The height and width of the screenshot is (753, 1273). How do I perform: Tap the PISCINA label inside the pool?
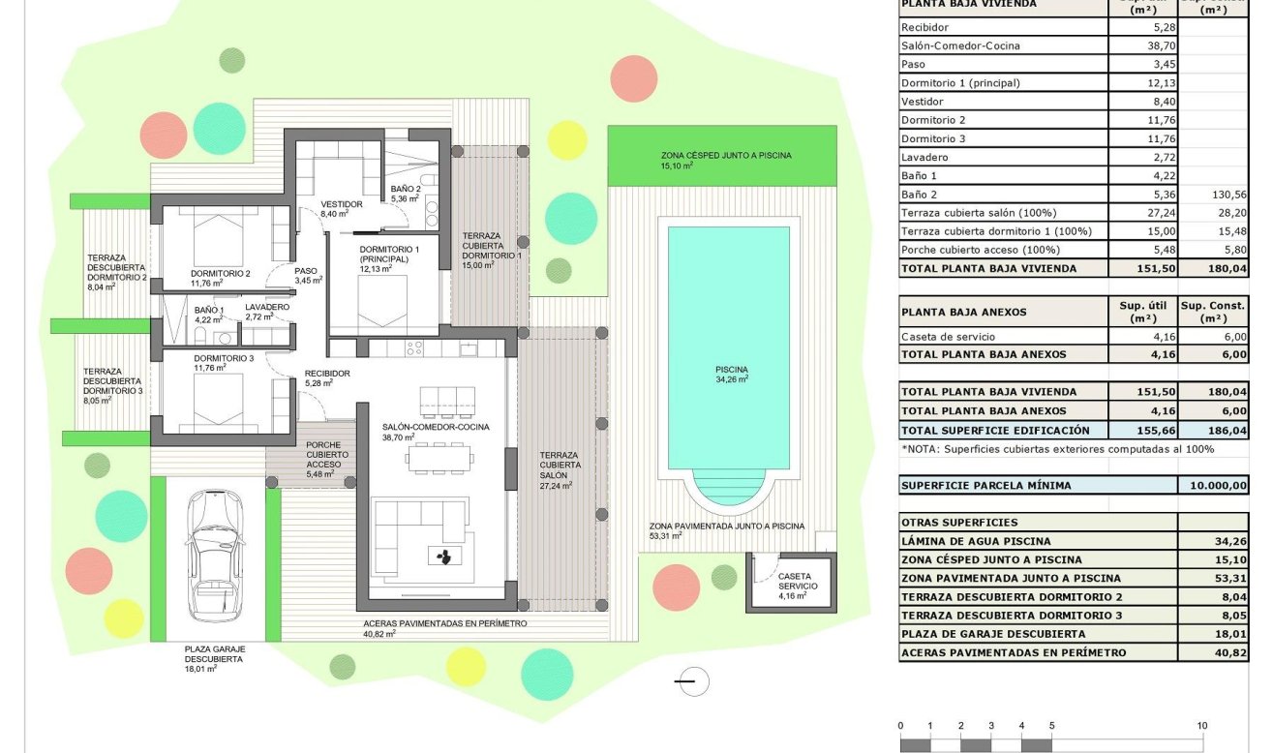(732, 369)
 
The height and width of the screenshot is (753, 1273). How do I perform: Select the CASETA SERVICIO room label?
(798, 581)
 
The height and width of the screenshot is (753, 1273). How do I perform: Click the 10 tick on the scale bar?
(1201, 726)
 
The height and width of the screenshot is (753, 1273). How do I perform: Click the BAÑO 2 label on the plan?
(405, 189)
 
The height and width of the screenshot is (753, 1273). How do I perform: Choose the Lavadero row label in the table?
(924, 157)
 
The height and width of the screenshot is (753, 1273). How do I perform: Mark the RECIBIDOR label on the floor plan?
(326, 373)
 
